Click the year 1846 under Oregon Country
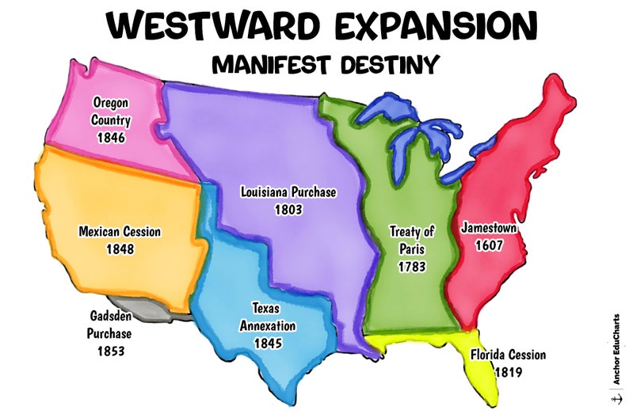pyautogui.click(x=111, y=137)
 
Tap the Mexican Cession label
pyautogui.click(x=120, y=232)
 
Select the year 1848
pyautogui.click(x=120, y=249)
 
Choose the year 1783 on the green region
pyautogui.click(x=413, y=267)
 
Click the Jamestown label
pyautogui.click(x=490, y=228)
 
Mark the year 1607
pyautogui.click(x=490, y=245)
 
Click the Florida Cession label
pyautogui.click(x=508, y=355)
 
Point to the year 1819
pyautogui.click(x=509, y=370)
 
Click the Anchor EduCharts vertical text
pyautogui.click(x=616, y=349)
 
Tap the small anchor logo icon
pyautogui.click(x=616, y=399)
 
